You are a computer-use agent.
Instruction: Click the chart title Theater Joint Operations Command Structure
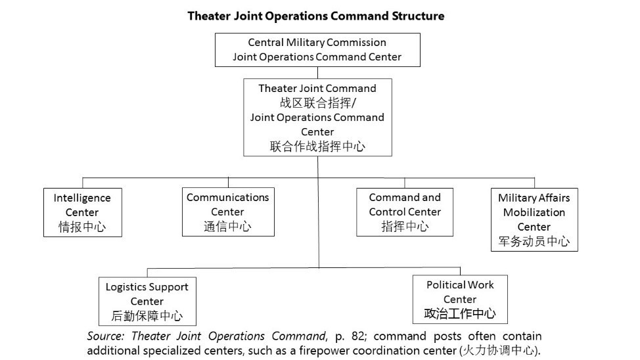315,16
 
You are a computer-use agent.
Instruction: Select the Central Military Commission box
317,50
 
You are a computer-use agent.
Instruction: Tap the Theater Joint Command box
317,117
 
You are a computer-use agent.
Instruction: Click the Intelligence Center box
82,212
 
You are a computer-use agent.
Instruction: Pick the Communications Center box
227,212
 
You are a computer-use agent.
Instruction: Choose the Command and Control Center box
405,212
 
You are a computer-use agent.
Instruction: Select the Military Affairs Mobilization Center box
534,219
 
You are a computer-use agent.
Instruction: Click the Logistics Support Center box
147,301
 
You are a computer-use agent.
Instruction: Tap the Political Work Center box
459,299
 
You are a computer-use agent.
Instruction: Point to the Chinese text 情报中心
82,227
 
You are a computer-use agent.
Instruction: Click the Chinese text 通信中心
227,227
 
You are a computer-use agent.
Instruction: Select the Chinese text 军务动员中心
534,241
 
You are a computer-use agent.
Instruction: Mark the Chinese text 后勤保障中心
147,316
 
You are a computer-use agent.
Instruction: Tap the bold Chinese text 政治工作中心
459,313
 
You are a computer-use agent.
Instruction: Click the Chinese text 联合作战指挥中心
317,146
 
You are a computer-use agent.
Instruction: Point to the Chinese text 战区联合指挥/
317,103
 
